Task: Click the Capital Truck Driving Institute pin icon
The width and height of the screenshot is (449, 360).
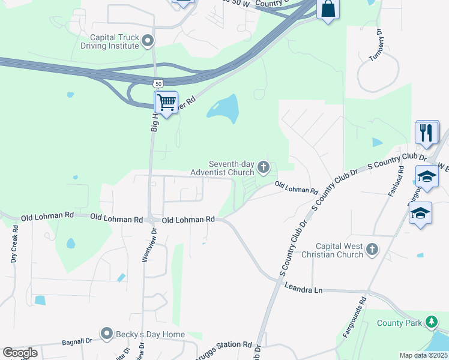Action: pos(148,41)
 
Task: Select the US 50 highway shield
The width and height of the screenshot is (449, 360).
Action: pos(157,83)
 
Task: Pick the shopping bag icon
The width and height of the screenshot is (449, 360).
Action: pos(328,9)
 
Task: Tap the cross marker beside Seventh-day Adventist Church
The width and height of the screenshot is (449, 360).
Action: pos(263,167)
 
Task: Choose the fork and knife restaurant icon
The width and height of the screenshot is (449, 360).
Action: pos(427,132)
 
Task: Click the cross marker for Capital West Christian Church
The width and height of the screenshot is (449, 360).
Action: pos(372,249)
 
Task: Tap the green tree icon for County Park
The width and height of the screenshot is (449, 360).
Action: pos(431,322)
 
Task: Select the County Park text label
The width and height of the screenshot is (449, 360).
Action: pos(399,323)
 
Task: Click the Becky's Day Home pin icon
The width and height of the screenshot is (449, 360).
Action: pos(107,333)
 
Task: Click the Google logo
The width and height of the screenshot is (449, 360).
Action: pos(20,353)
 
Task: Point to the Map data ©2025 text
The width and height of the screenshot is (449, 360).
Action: pos(424,355)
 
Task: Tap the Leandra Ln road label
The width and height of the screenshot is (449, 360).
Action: pos(304,290)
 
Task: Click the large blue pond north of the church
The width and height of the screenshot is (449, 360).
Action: pos(223,108)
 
